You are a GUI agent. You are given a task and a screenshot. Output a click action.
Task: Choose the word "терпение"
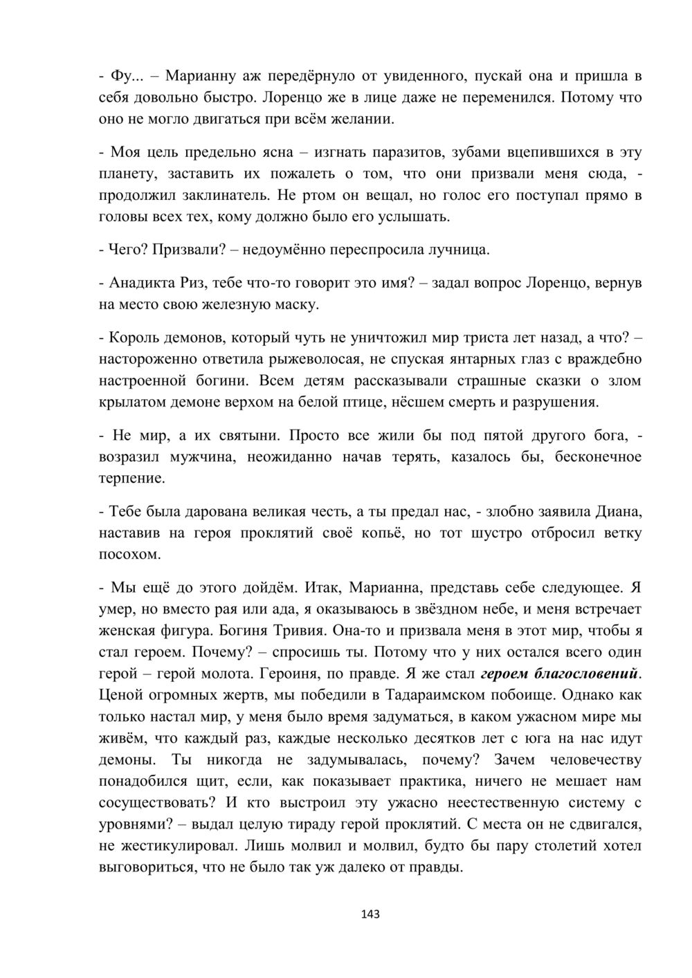pyautogui.click(x=132, y=478)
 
